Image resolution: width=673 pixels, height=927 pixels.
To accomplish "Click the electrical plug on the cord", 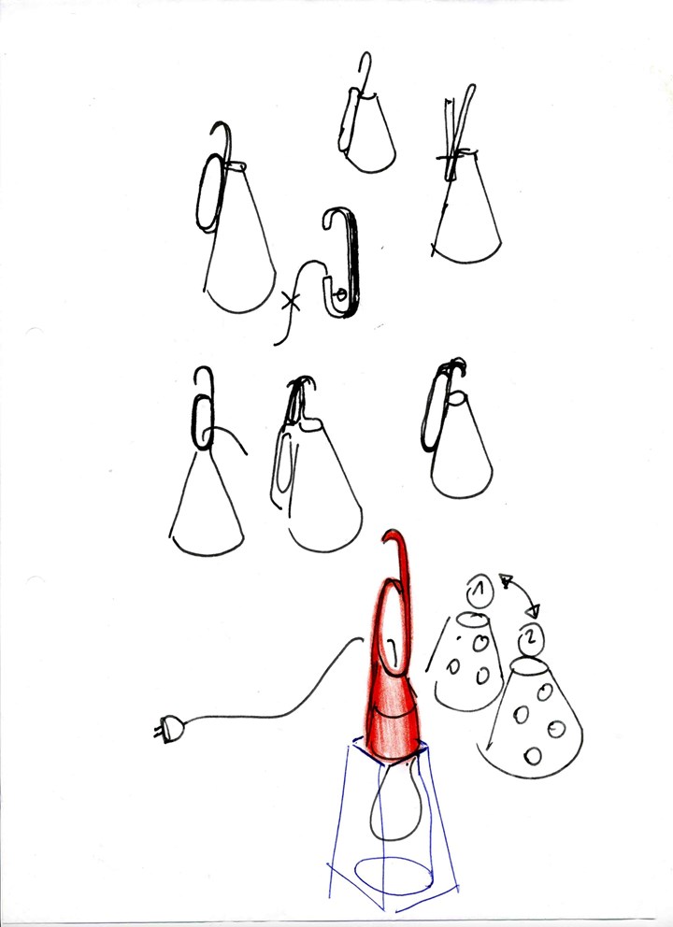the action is [170, 728].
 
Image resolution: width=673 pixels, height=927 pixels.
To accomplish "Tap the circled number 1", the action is [480, 590].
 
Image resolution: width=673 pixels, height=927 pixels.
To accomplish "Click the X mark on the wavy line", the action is [291, 303].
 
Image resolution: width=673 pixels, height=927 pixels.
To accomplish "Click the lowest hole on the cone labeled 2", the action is [533, 756].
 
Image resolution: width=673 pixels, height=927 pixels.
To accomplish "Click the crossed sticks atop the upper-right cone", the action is [458, 133].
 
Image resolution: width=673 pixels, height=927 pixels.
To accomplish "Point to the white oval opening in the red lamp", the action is [392, 627].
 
